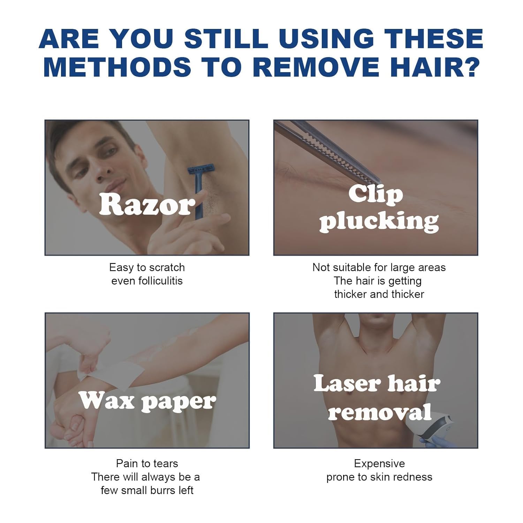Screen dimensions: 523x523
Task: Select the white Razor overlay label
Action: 147,205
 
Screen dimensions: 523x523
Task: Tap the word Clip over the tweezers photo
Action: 376,194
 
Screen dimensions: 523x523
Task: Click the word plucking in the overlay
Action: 379,221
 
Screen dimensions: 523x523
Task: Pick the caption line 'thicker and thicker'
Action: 379,294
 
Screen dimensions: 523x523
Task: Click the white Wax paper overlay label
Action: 147,401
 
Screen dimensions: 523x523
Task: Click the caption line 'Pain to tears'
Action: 147,463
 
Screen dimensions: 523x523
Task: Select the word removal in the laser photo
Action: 380,412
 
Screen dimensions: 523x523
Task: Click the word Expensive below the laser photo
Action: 379,464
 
